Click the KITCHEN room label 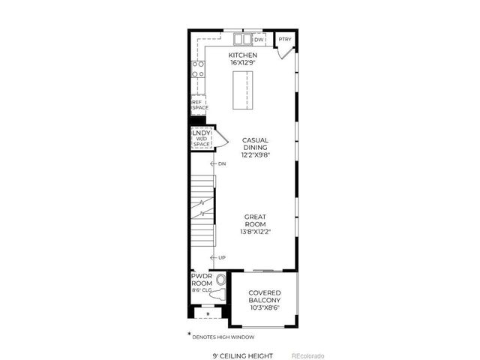pyautogui.click(x=243, y=55)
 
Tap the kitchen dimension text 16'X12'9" pyautogui.click(x=243, y=64)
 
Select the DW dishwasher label pyautogui.click(x=259, y=40)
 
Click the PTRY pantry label pyautogui.click(x=284, y=40)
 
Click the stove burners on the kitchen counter pyautogui.click(x=199, y=70)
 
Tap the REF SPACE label pyautogui.click(x=199, y=104)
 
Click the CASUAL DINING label pyautogui.click(x=256, y=144)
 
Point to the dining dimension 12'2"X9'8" pyautogui.click(x=256, y=156)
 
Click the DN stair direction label pyautogui.click(x=222, y=163)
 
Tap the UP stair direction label pyautogui.click(x=222, y=258)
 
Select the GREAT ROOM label pyautogui.click(x=255, y=220)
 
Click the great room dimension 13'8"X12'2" pyautogui.click(x=255, y=232)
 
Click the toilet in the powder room pyautogui.click(x=220, y=288)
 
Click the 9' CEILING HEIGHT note pyautogui.click(x=242, y=355)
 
